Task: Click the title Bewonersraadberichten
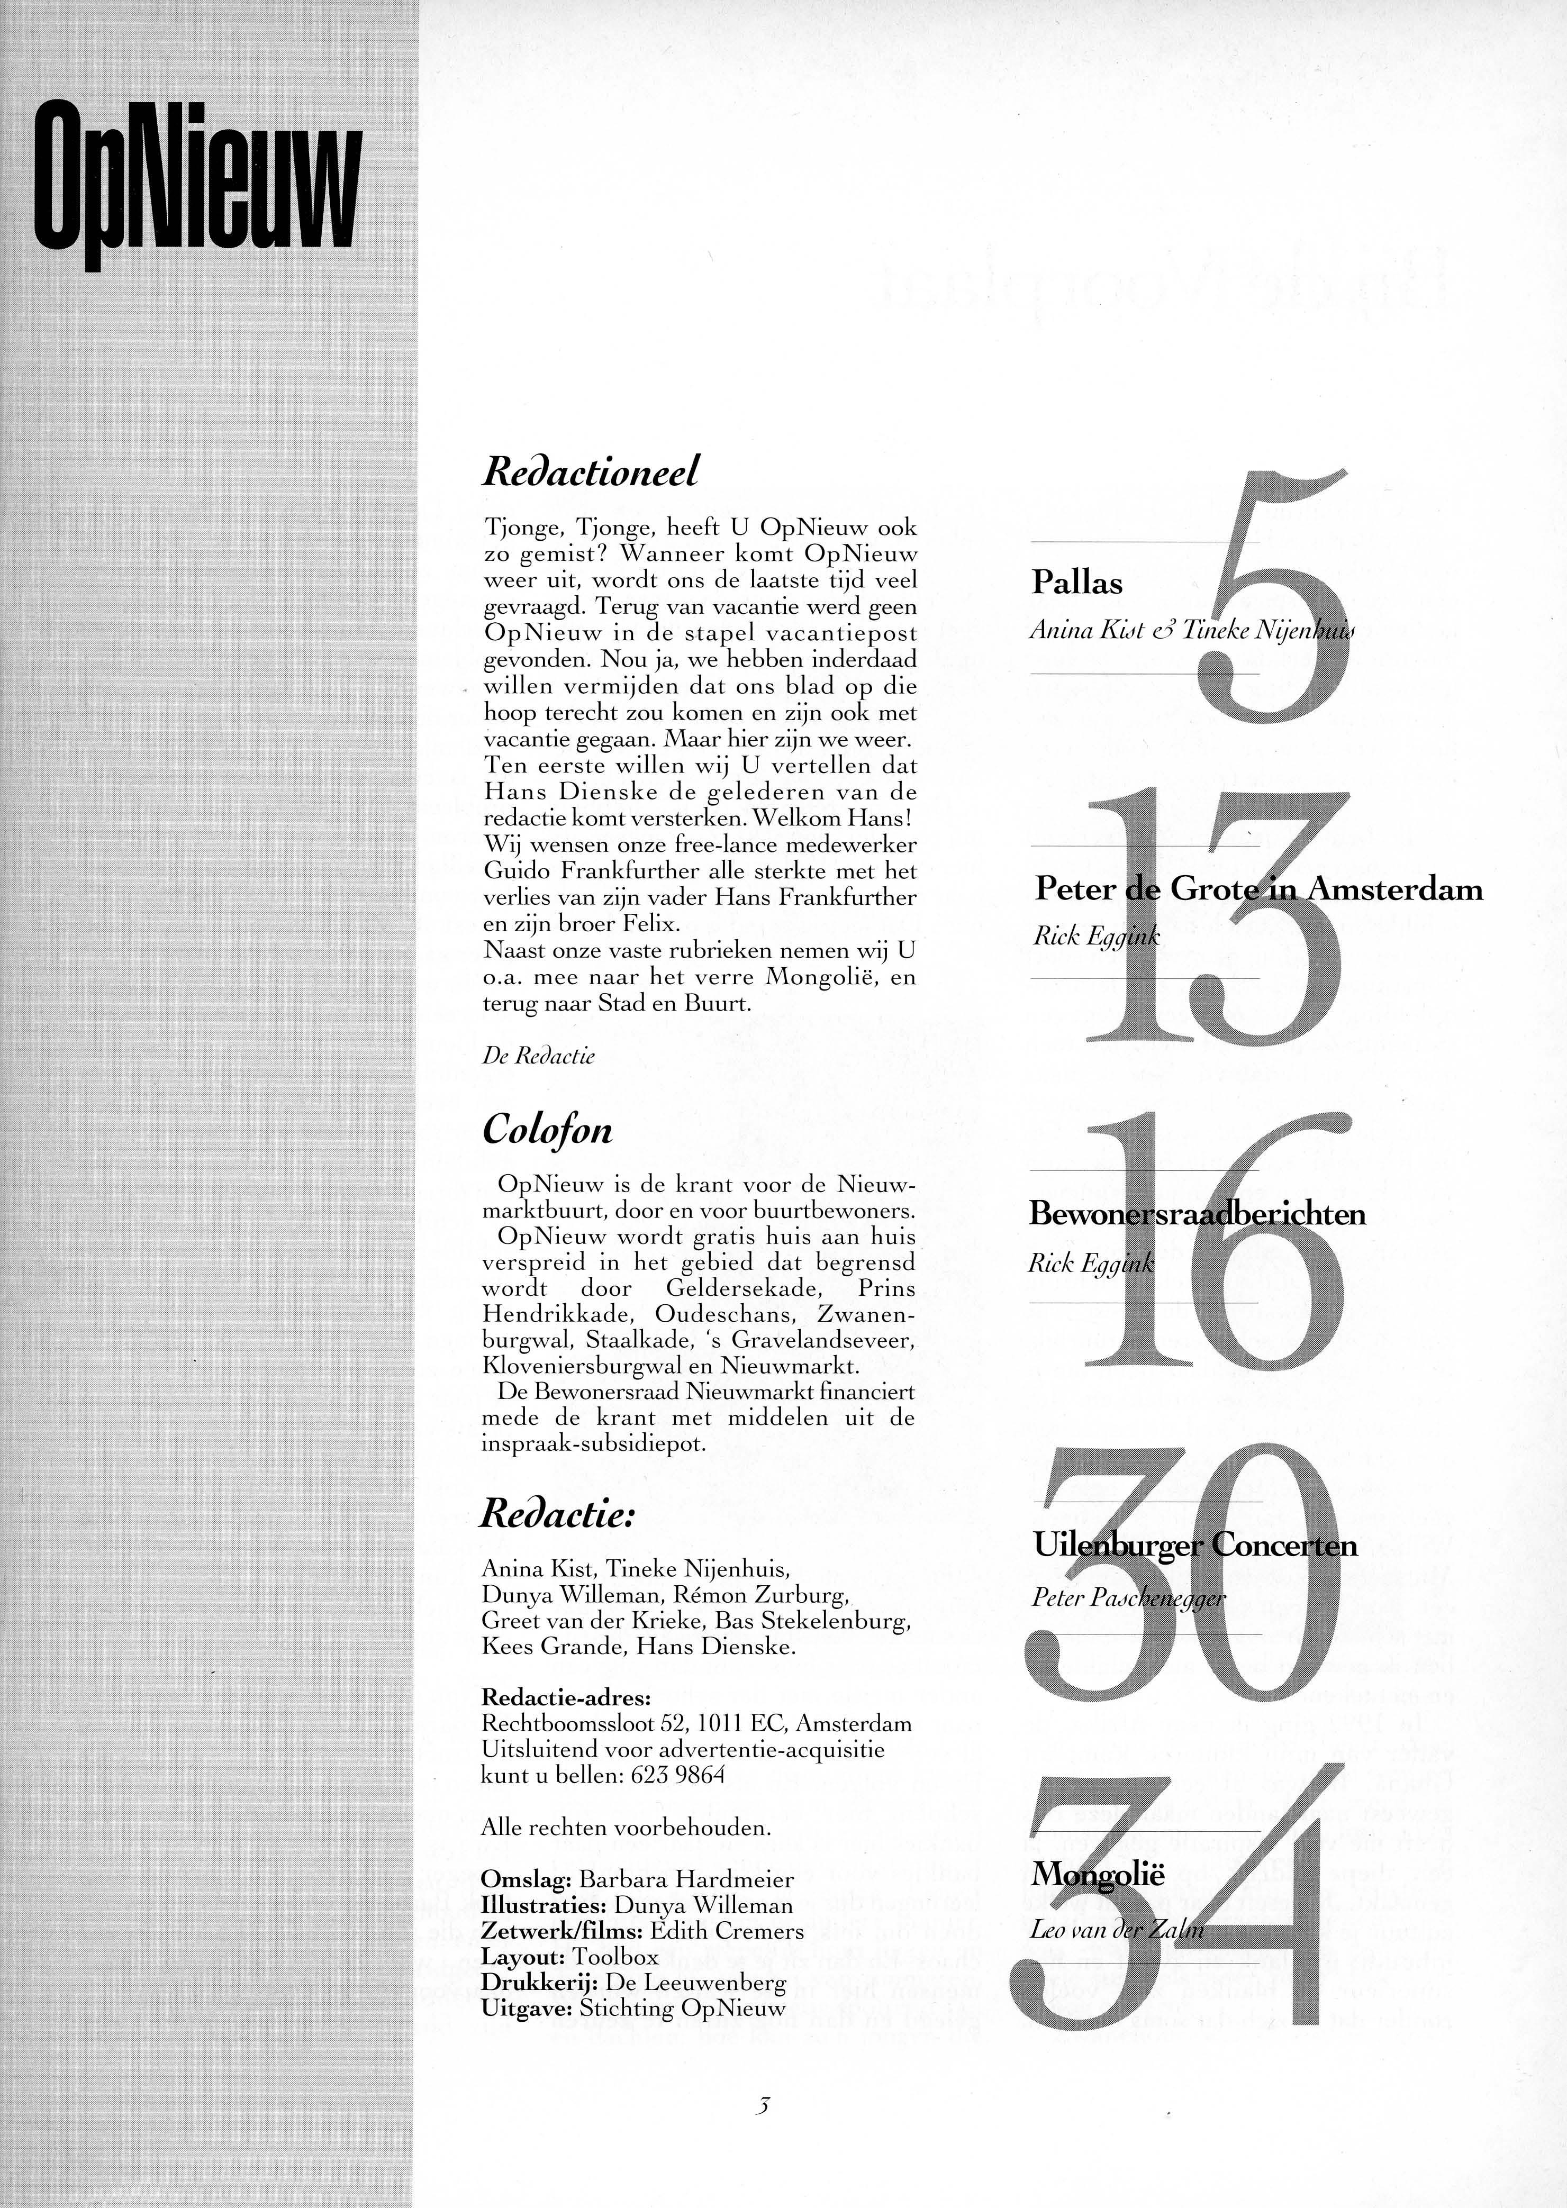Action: [1198, 1213]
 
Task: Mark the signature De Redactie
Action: [538, 1055]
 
